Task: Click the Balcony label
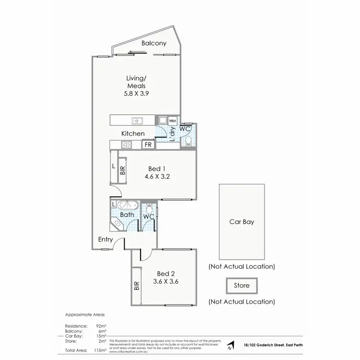(x=154, y=43)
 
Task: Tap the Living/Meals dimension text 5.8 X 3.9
(x=136, y=94)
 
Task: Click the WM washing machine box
(x=172, y=120)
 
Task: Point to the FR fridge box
(x=148, y=144)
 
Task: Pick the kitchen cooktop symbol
(x=127, y=144)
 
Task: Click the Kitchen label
(x=132, y=133)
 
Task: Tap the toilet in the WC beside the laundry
(x=189, y=141)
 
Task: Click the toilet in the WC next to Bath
(x=149, y=209)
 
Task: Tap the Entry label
(x=106, y=240)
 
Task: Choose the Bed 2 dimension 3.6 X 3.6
(x=166, y=282)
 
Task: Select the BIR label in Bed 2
(x=136, y=286)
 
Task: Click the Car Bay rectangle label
(x=241, y=222)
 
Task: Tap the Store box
(x=241, y=286)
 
